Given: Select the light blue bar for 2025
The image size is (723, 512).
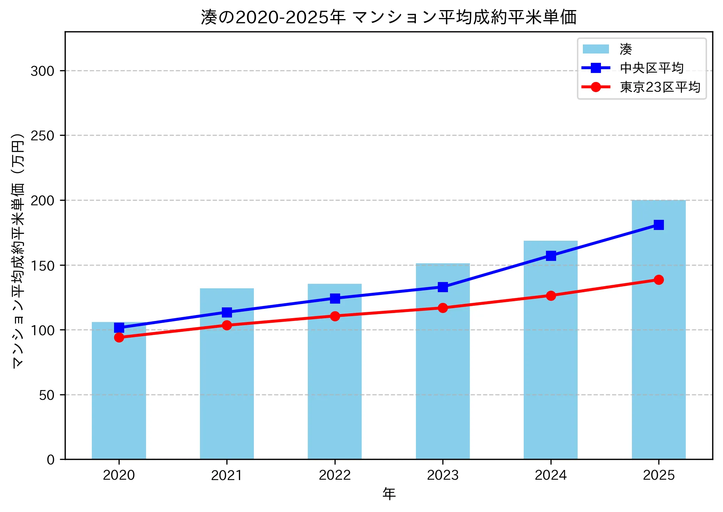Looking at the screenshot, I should pyautogui.click(x=658, y=347).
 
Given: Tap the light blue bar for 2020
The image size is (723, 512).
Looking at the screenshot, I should pyautogui.click(x=119, y=399).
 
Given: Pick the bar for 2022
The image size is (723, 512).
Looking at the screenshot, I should pyautogui.click(x=335, y=382).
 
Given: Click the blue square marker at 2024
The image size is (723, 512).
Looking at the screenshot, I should pyautogui.click(x=551, y=256).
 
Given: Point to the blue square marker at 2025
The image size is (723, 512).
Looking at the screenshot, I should pyautogui.click(x=658, y=225).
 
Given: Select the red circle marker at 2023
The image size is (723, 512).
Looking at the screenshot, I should pyautogui.click(x=443, y=308).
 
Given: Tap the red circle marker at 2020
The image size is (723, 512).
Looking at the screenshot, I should pyautogui.click(x=119, y=337).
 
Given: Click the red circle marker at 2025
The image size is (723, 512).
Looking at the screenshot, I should pyautogui.click(x=658, y=280).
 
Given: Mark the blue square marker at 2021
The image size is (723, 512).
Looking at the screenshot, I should pyautogui.click(x=227, y=312).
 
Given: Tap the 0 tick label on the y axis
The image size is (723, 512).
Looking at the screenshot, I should pyautogui.click(x=51, y=460).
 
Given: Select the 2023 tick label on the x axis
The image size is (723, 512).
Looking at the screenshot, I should pyautogui.click(x=443, y=475).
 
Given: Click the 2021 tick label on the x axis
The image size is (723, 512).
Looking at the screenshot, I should pyautogui.click(x=227, y=475).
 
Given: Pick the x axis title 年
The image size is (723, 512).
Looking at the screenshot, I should pyautogui.click(x=389, y=494).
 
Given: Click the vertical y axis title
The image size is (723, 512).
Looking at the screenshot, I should pyautogui.click(x=18, y=250).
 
